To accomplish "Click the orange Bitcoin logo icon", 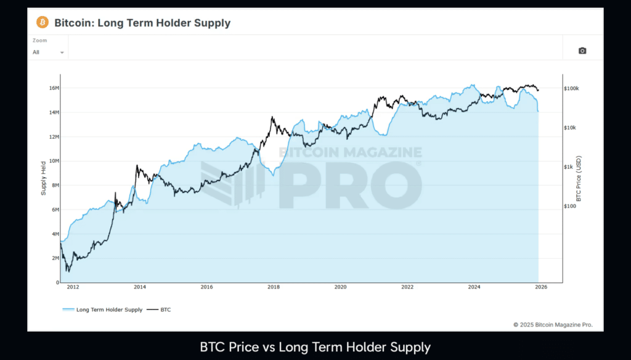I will [43, 23].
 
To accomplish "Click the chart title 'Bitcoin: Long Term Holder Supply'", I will [142, 23].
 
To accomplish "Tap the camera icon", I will [582, 51].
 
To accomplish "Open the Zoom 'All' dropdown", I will [49, 52].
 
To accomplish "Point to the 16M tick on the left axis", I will [53, 88].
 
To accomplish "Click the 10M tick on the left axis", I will [53, 161].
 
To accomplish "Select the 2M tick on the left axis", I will [54, 258].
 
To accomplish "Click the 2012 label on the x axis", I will [73, 287].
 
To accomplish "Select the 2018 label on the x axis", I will [274, 287].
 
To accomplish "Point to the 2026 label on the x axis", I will [540, 287].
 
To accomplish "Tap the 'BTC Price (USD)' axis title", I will [579, 179].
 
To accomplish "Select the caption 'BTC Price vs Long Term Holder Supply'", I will [315, 347].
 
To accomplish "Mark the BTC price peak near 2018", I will [272, 117].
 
